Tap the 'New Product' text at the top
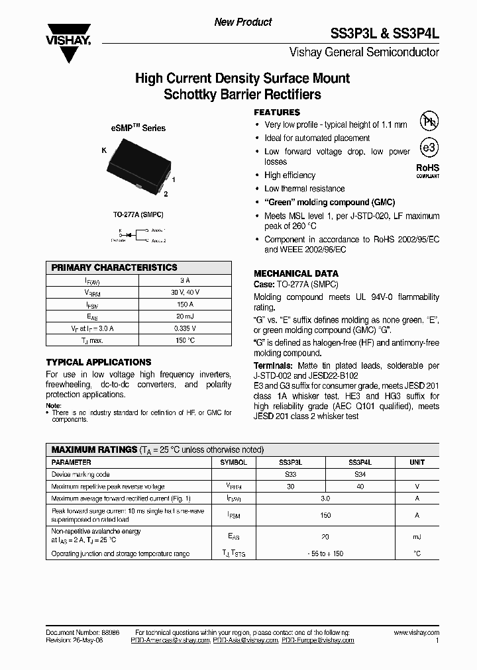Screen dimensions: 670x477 click(242, 22)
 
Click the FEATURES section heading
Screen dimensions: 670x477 click(277, 113)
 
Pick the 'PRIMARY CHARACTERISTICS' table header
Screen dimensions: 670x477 click(115, 267)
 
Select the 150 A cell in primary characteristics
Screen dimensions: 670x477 click(185, 304)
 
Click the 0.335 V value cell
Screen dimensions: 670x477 click(185, 328)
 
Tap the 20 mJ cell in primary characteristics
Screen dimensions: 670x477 click(185, 316)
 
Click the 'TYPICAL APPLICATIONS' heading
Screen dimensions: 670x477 click(99, 362)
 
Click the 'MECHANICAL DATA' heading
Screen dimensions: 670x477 click(296, 273)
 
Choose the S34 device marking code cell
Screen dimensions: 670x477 click(361, 474)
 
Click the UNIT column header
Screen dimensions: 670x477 click(417, 462)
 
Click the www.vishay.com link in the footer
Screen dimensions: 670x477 click(417, 633)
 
